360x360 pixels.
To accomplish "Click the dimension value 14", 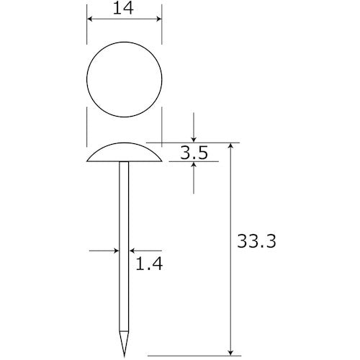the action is tap(123, 9).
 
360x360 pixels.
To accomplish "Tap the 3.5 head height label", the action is tap(194, 153).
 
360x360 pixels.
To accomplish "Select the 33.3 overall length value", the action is tap(256, 241).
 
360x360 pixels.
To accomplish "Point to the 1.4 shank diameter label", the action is tap(149, 264).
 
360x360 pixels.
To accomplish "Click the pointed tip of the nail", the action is tap(125, 356).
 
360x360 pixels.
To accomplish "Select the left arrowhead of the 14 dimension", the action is tap(89, 19).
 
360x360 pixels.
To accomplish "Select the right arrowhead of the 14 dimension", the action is tap(159, 19).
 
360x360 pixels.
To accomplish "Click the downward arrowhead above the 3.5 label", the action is tap(194, 140).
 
